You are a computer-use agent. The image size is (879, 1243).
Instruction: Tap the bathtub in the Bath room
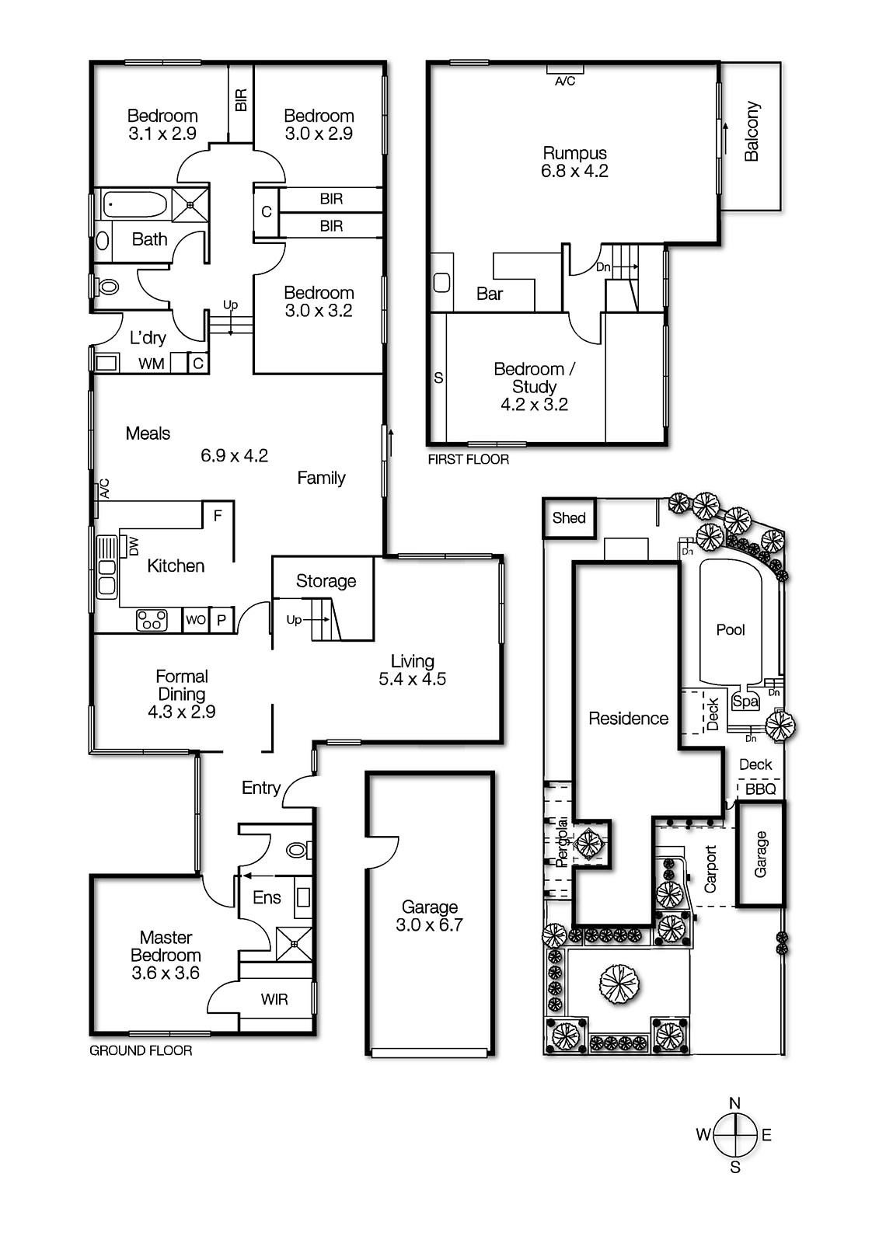pos(135,205)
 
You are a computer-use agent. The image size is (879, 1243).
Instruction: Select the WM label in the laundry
pos(151,364)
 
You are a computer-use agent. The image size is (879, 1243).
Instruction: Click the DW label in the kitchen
pos(133,547)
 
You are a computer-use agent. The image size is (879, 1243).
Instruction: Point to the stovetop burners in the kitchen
pos(152,620)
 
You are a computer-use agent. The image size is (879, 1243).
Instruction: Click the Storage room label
pos(326,581)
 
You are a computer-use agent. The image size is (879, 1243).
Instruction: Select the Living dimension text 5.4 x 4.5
pos(412,679)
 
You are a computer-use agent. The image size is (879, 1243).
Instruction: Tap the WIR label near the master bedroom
pos(274,1000)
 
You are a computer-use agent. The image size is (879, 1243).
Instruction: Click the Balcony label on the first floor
pos(752,131)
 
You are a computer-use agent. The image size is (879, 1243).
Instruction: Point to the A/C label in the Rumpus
pos(565,81)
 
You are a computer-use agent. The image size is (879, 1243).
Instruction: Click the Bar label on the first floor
pos(490,294)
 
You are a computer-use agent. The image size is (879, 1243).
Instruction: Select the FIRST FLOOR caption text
pos(469,460)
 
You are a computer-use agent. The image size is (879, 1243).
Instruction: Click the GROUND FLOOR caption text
pos(141,1050)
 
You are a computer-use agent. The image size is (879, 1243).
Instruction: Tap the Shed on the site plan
pos(569,518)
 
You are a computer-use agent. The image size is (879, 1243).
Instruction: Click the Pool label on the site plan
pos(731,630)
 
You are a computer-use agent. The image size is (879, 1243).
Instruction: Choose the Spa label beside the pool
pos(745,702)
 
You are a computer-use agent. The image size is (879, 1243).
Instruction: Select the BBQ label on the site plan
pos(760,789)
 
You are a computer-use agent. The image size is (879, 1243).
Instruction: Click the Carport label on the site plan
pos(710,869)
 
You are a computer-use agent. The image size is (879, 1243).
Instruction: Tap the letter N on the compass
pos(735,1103)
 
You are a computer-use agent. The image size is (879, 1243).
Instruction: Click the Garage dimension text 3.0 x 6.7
pos(429,924)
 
